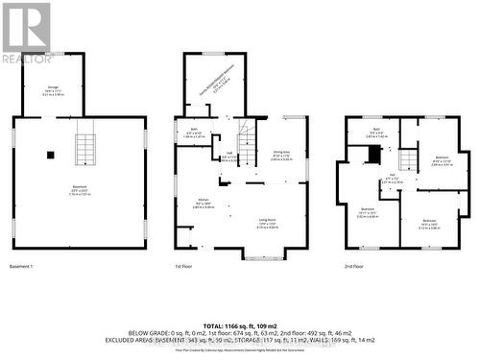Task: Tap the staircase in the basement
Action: coord(86,149)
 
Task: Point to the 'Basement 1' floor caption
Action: coord(21,265)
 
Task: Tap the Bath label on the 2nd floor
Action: coord(374,133)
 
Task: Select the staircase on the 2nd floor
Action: coord(409,160)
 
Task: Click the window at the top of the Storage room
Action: coord(56,52)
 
